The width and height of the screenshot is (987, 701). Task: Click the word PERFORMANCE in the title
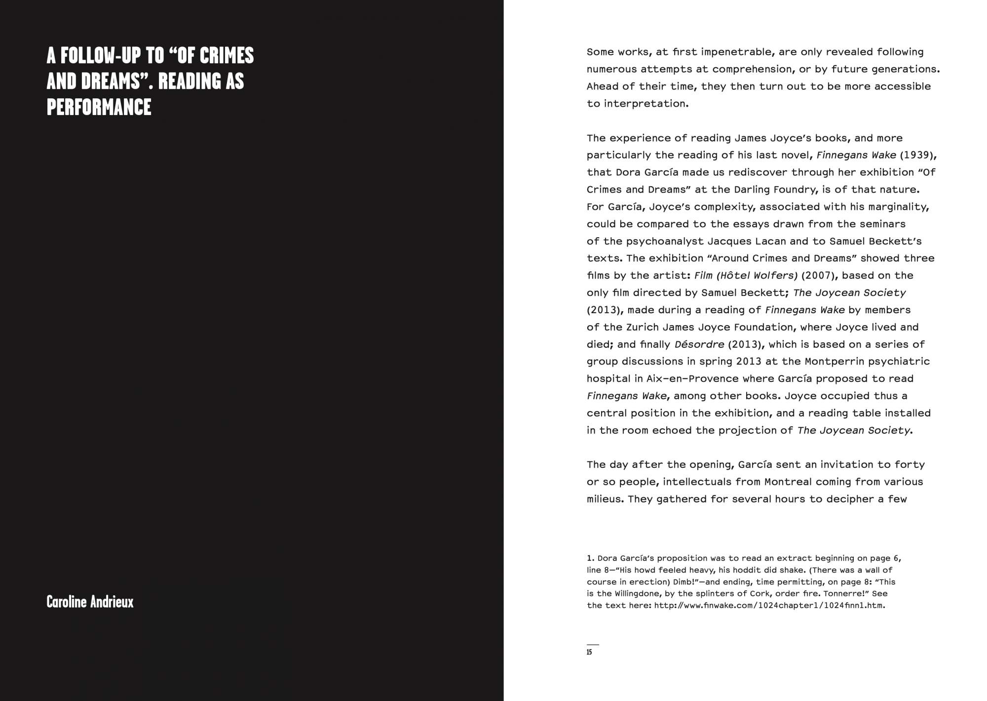point(99,107)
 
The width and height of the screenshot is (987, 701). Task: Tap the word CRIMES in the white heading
point(228,56)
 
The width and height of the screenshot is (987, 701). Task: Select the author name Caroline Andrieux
point(90,602)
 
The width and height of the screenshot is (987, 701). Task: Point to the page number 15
point(589,652)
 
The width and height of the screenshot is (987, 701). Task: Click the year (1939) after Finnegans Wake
point(916,155)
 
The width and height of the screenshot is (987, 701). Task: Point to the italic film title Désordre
point(699,344)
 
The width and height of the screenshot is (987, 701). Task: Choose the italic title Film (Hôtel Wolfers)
point(745,275)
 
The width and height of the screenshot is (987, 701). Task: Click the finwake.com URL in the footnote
point(769,606)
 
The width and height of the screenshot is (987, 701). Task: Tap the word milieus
point(606,499)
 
